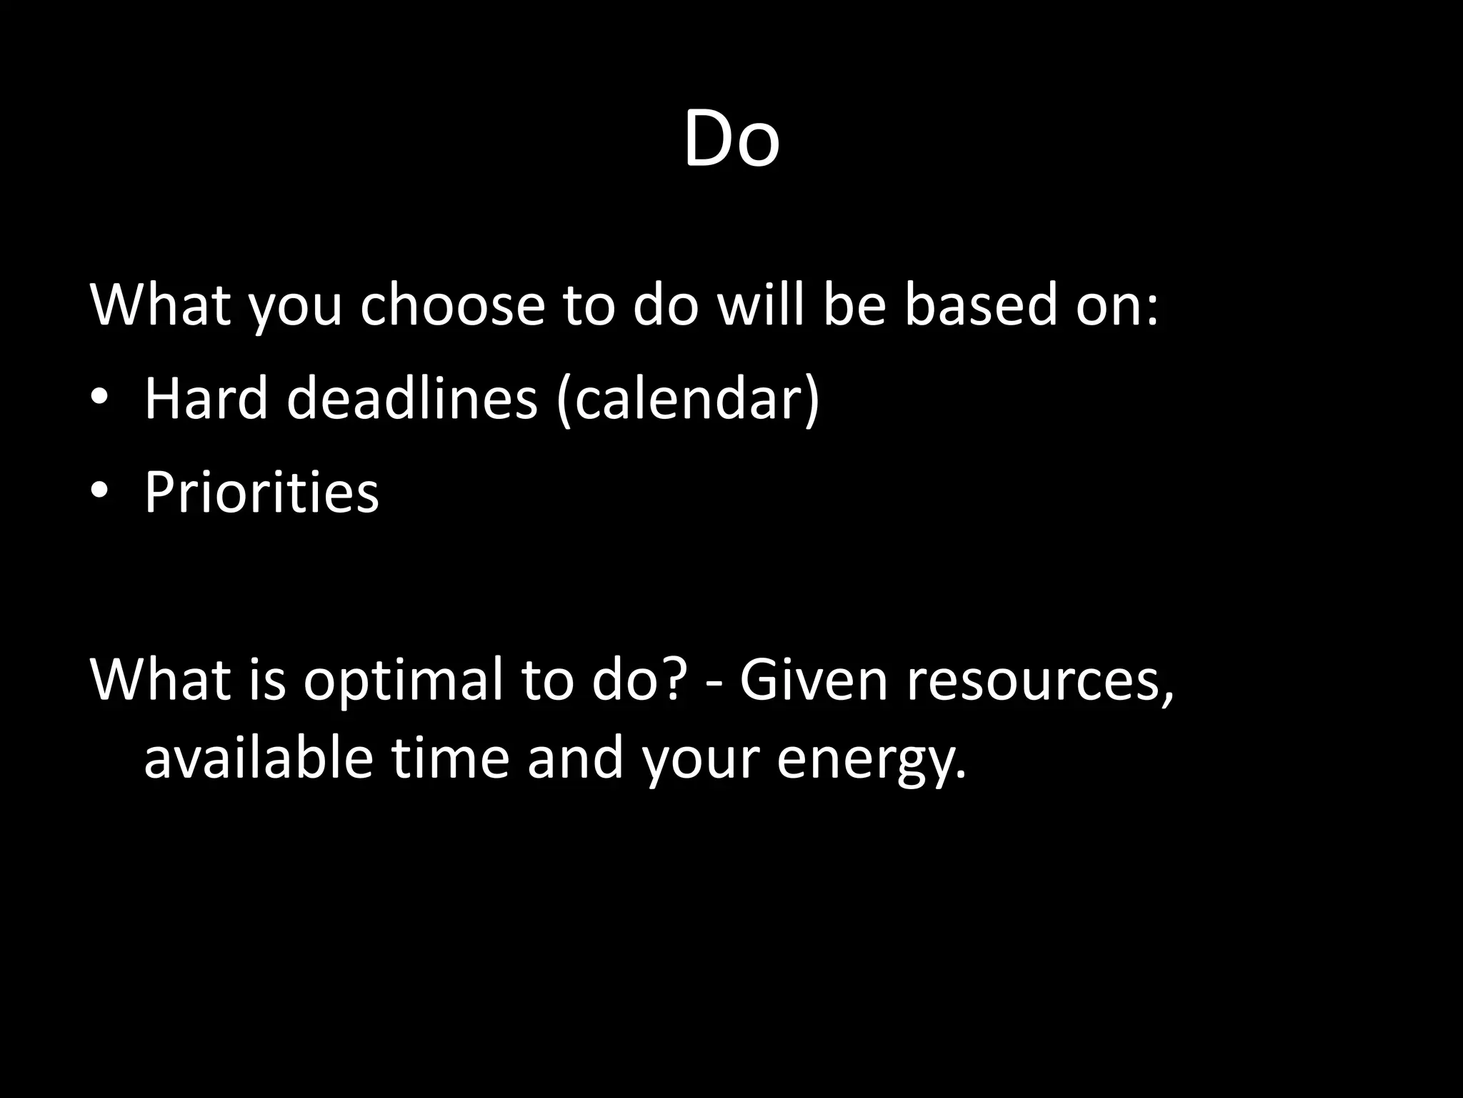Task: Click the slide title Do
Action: coord(731,139)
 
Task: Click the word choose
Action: coord(452,305)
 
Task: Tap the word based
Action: coord(981,305)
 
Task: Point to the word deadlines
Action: coord(411,398)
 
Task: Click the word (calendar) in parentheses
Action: coord(687,400)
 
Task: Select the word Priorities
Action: coord(261,493)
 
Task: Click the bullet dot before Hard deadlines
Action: coord(99,398)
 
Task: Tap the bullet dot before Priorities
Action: coord(99,492)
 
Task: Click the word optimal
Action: coord(404,680)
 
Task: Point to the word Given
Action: coord(814,680)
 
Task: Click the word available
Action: coord(259,758)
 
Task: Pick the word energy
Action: coord(871,760)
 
